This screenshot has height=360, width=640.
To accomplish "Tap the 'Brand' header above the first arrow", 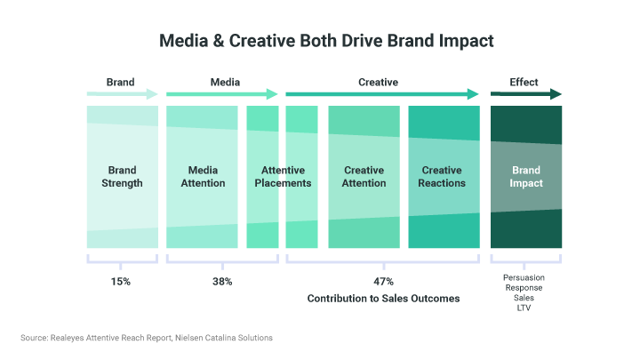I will (120, 82).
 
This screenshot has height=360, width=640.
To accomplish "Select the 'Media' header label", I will (225, 82).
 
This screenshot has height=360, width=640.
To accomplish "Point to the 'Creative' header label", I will (378, 82).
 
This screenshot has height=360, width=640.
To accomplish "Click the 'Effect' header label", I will (524, 82).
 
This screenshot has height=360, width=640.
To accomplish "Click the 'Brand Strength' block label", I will (122, 177).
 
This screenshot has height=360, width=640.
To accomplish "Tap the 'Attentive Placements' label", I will (283, 177).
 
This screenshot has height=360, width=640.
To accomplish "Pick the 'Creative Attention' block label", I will (364, 177).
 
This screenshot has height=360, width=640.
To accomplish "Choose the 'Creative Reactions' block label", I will (443, 177).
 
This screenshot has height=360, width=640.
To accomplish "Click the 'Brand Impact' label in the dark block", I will (526, 177).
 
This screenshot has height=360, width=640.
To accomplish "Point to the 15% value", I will (121, 282).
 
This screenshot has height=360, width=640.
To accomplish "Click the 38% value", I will (222, 282).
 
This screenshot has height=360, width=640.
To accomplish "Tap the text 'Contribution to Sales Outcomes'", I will (383, 299).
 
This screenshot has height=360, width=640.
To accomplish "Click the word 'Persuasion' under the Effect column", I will (524, 277).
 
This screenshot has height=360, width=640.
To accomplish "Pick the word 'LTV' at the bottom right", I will (524, 308).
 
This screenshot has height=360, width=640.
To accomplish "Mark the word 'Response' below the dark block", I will (524, 288).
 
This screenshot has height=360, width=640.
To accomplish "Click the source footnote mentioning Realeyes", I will (147, 338).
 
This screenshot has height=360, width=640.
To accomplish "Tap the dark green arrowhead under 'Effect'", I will (556, 94).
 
